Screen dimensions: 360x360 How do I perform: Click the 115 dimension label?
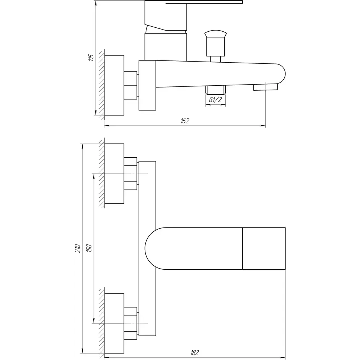[x=91, y=57]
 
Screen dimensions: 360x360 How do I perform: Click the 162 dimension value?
[x=185, y=121]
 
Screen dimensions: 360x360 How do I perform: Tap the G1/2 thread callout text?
[x=215, y=100]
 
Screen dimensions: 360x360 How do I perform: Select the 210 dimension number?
[x=78, y=248]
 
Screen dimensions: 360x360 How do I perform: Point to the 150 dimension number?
[x=89, y=248]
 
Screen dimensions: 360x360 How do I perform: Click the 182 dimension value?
[x=195, y=352]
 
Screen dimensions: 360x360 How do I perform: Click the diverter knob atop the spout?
[x=216, y=43]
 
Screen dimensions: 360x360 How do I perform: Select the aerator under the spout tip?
[x=265, y=87]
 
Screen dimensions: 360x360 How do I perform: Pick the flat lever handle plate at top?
[x=204, y=2]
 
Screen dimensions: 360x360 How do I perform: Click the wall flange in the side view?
[x=114, y=85]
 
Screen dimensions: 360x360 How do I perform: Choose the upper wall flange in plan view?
[x=114, y=174]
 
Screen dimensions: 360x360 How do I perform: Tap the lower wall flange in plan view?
[x=114, y=323]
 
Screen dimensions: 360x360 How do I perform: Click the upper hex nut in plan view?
[x=130, y=174]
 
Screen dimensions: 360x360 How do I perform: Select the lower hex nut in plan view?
[x=130, y=323]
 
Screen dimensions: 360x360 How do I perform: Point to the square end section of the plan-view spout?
[x=264, y=248]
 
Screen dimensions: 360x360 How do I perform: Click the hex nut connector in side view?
[x=130, y=85]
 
